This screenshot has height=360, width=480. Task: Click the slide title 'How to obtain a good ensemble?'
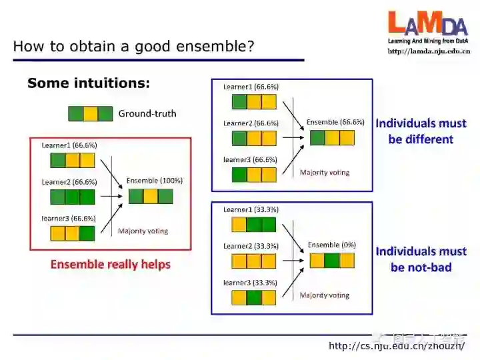133,47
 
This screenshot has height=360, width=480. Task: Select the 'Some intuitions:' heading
89,83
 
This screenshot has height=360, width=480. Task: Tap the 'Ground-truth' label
147,113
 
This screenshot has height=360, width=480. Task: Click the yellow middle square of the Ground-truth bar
91,113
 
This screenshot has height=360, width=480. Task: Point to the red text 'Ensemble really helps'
111,265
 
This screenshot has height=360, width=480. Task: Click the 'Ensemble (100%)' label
154,181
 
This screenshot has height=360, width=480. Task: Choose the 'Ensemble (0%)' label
331,245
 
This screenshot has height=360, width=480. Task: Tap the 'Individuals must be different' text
421,131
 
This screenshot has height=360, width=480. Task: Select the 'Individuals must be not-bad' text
421,259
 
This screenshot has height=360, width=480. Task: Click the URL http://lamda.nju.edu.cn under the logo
429,51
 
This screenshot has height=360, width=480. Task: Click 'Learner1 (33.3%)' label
251,209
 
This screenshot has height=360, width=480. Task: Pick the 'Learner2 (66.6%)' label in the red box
69,182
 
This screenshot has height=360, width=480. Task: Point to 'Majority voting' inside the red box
143,231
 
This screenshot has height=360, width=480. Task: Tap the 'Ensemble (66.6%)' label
335,123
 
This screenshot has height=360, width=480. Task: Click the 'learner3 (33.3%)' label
250,283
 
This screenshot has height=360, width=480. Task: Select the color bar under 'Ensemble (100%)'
151,196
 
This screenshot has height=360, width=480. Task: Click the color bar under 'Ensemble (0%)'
332,259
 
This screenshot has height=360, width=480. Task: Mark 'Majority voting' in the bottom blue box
325,295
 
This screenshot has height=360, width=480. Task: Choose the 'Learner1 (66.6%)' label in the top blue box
251,87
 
